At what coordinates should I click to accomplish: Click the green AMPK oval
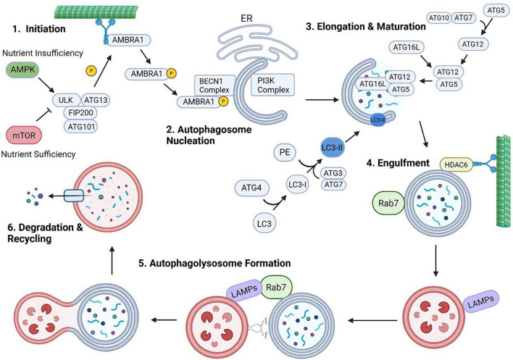click(x=22, y=70)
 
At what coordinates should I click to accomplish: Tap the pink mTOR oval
click(x=24, y=135)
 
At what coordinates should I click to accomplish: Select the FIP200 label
click(x=80, y=113)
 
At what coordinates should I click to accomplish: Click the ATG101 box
click(x=81, y=127)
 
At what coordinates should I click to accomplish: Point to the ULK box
click(x=66, y=100)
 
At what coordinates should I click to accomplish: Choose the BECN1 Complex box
click(x=214, y=85)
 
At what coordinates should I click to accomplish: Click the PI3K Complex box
click(x=273, y=85)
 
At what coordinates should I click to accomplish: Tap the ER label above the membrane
click(x=246, y=18)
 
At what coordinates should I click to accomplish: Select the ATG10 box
click(x=439, y=17)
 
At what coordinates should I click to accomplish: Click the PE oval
click(x=285, y=152)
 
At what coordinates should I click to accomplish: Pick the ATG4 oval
click(x=252, y=188)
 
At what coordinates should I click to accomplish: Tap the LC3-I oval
click(x=297, y=185)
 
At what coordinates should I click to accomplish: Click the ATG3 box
click(x=333, y=172)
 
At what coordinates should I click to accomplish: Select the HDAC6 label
click(x=456, y=164)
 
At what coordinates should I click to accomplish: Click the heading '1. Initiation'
click(x=39, y=29)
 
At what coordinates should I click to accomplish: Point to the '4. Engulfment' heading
click(x=398, y=163)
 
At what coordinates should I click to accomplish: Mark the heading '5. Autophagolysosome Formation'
click(x=214, y=263)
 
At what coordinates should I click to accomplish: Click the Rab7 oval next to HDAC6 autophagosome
click(x=388, y=203)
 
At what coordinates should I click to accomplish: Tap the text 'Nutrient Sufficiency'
click(x=38, y=154)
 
